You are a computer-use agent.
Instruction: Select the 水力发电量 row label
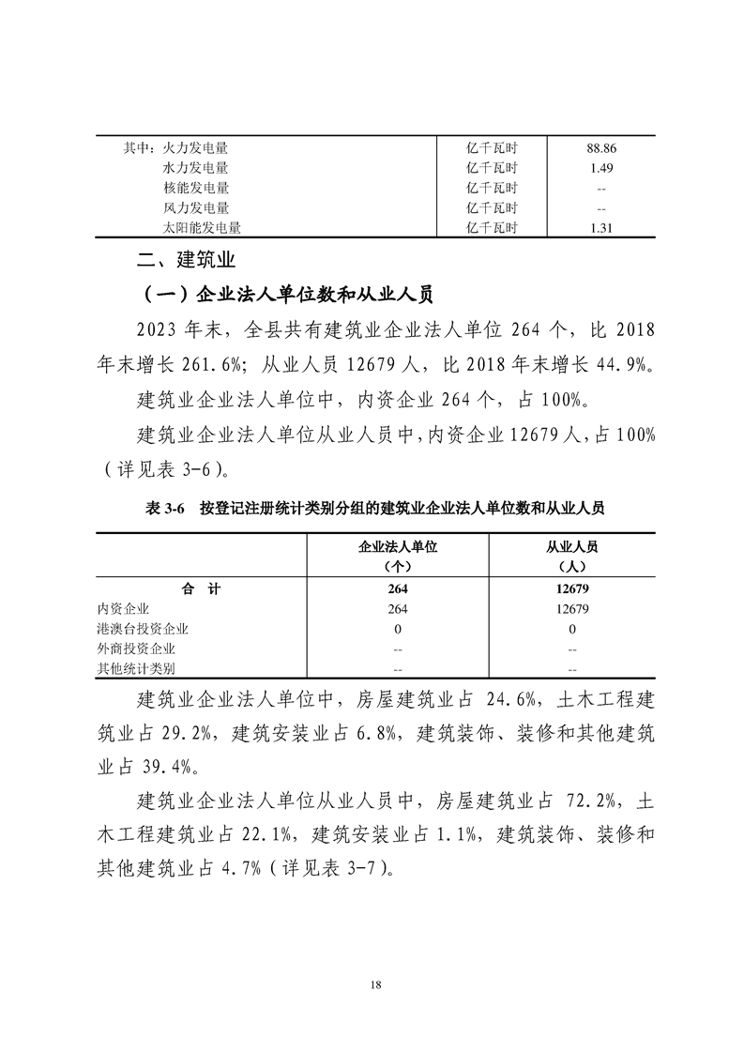click(x=195, y=168)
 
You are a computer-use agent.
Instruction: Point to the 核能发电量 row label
click(x=195, y=188)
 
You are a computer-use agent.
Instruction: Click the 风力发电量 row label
click(x=195, y=207)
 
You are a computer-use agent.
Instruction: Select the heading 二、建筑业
click(x=186, y=259)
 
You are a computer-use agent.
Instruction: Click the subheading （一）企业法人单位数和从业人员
click(x=285, y=295)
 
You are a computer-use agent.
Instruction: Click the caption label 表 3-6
click(x=165, y=509)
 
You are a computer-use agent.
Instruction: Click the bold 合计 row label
click(x=201, y=588)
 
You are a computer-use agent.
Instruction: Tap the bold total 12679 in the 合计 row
click(x=571, y=588)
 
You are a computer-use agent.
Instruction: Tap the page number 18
click(x=374, y=984)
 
